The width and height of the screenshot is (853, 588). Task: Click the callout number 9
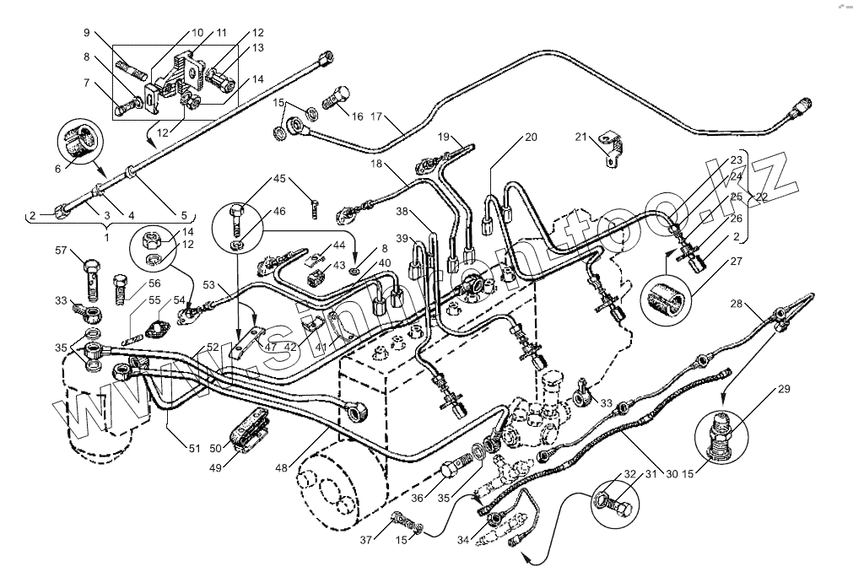(86, 33)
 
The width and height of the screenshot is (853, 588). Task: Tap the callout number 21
(580, 137)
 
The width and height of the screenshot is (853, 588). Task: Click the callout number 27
(737, 262)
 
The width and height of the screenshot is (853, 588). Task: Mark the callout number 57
(61, 250)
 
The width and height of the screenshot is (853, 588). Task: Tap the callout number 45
(279, 178)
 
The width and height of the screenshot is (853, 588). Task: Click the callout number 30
(672, 473)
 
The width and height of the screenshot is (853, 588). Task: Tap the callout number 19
(443, 137)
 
